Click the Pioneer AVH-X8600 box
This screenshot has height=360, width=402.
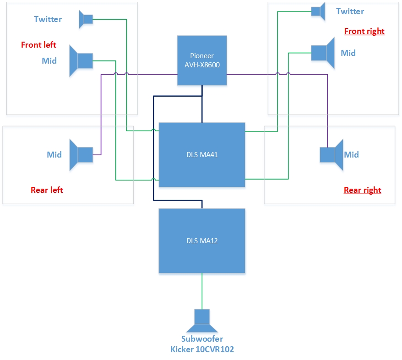click(202, 61)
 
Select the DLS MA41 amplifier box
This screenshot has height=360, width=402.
click(202, 155)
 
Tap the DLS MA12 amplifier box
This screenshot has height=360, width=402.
click(202, 241)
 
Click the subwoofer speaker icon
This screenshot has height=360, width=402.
click(201, 321)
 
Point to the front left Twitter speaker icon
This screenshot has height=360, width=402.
click(86, 19)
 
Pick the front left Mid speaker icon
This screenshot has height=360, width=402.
click(81, 60)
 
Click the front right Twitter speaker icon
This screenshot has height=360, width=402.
click(318, 11)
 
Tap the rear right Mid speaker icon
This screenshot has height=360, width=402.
click(331, 155)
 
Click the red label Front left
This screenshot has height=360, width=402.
click(38, 45)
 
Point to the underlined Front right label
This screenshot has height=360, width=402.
click(364, 31)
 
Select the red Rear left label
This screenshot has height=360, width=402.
click(47, 190)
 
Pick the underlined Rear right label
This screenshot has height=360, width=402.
click(363, 190)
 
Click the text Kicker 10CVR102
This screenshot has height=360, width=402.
click(202, 349)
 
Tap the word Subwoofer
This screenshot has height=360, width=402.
click(202, 339)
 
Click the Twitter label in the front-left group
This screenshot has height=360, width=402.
click(48, 19)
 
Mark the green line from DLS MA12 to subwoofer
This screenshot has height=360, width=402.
click(202, 292)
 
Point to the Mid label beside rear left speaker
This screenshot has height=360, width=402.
click(54, 155)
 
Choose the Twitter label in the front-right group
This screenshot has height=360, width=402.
click(350, 11)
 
